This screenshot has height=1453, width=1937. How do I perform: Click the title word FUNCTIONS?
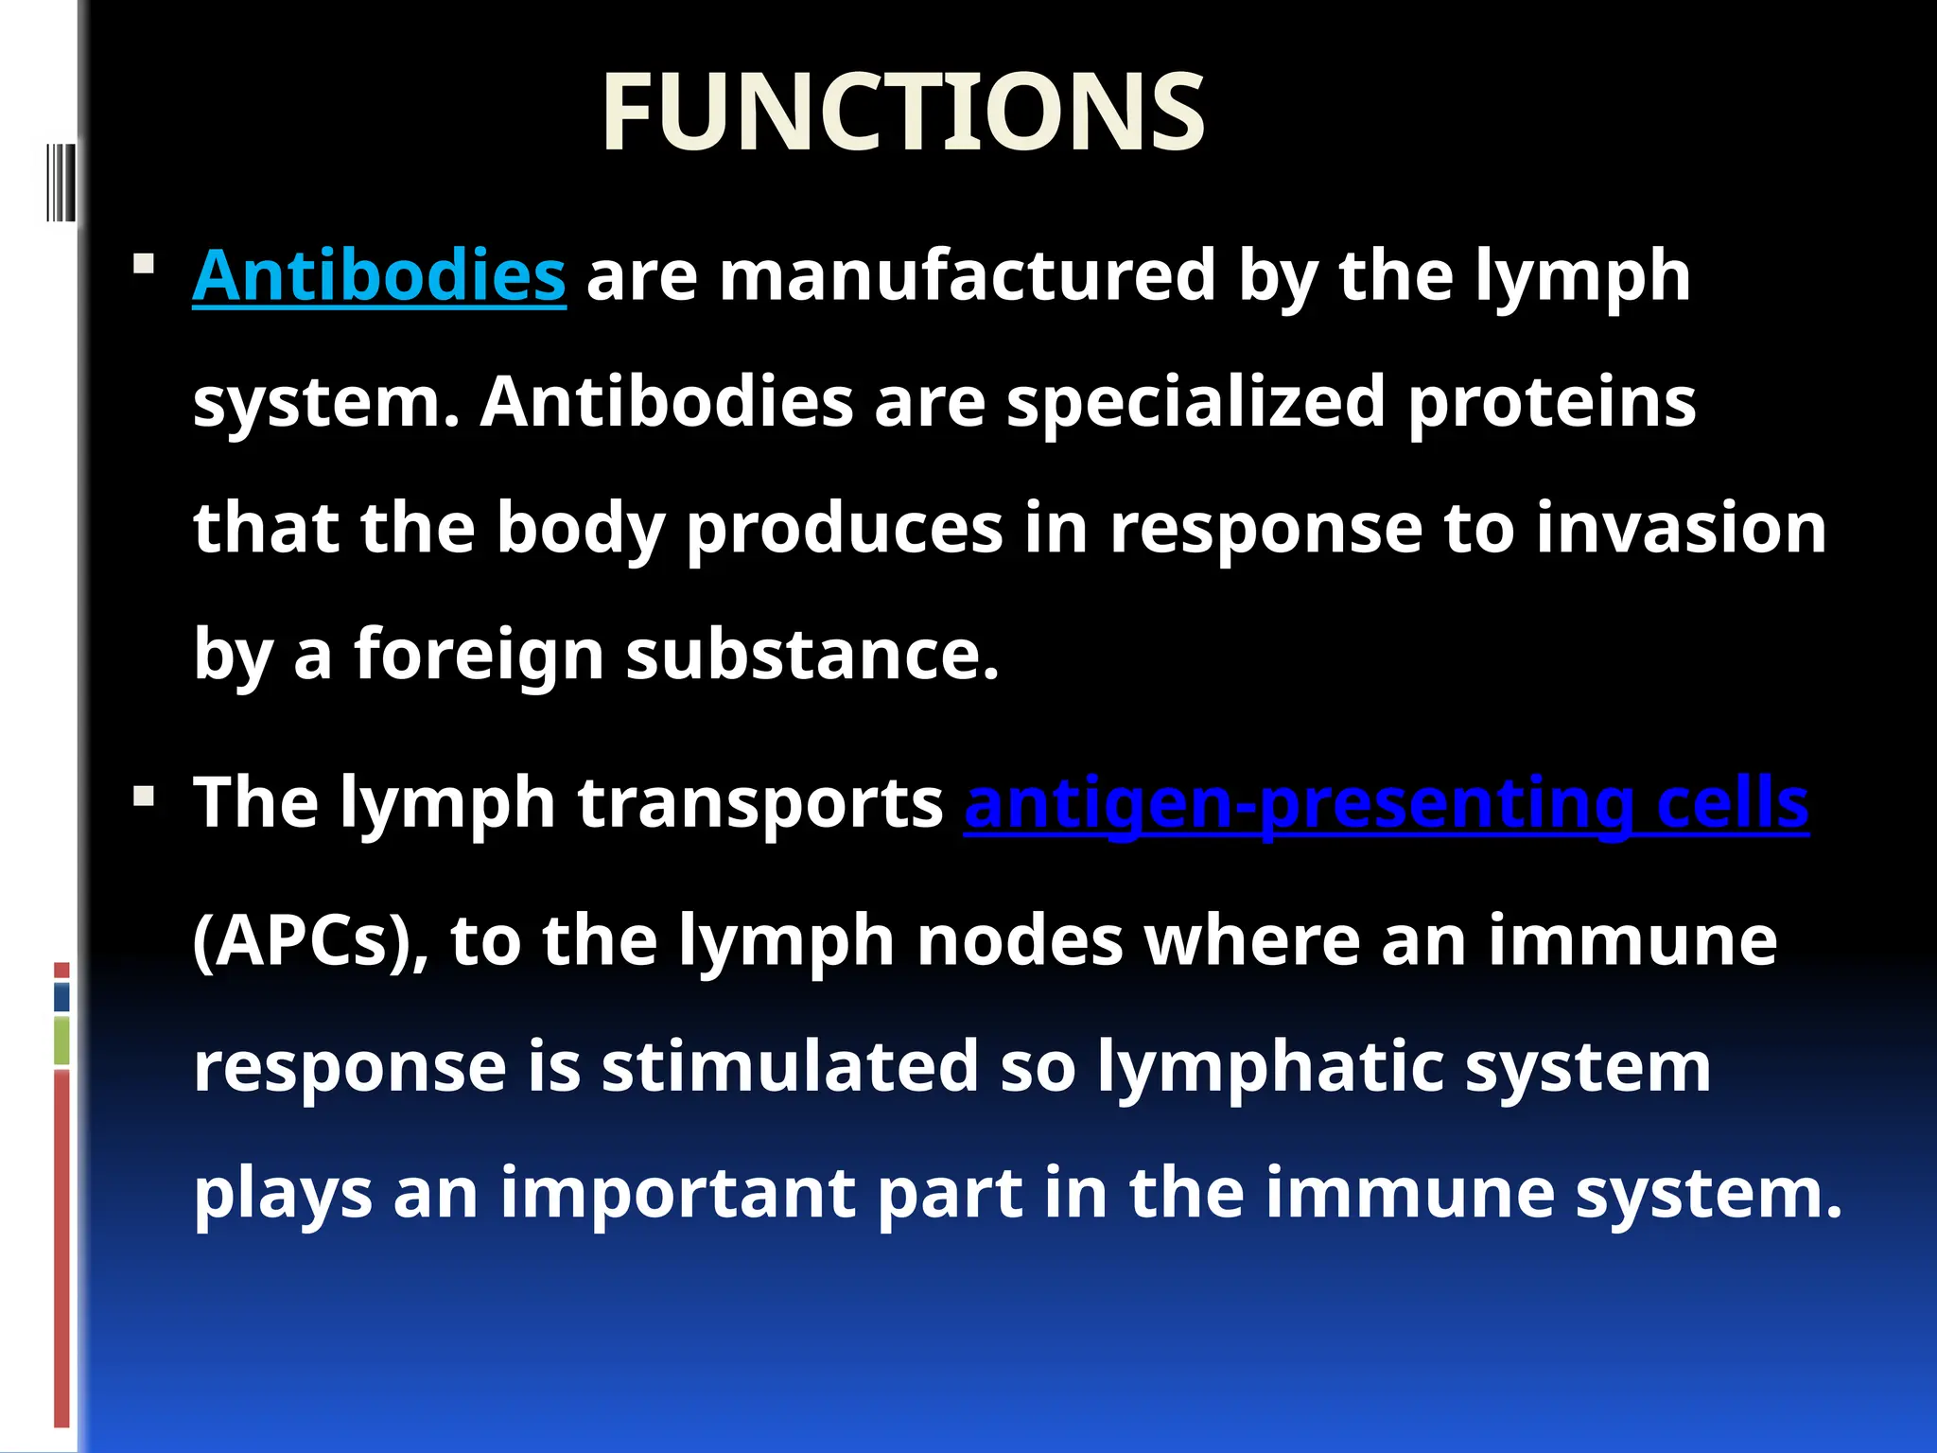point(903,114)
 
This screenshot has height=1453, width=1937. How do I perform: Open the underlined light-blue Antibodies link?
point(378,276)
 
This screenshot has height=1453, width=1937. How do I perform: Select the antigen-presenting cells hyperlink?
point(1386,804)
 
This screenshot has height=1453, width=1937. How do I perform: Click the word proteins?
point(1551,402)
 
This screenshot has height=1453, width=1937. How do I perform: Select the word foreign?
point(479,655)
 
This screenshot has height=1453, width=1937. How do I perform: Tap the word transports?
point(760,804)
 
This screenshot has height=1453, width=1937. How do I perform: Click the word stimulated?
point(789,1067)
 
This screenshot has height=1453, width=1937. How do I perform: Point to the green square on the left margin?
point(61,1041)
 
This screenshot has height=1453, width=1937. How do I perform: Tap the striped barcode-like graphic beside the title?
point(60,182)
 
